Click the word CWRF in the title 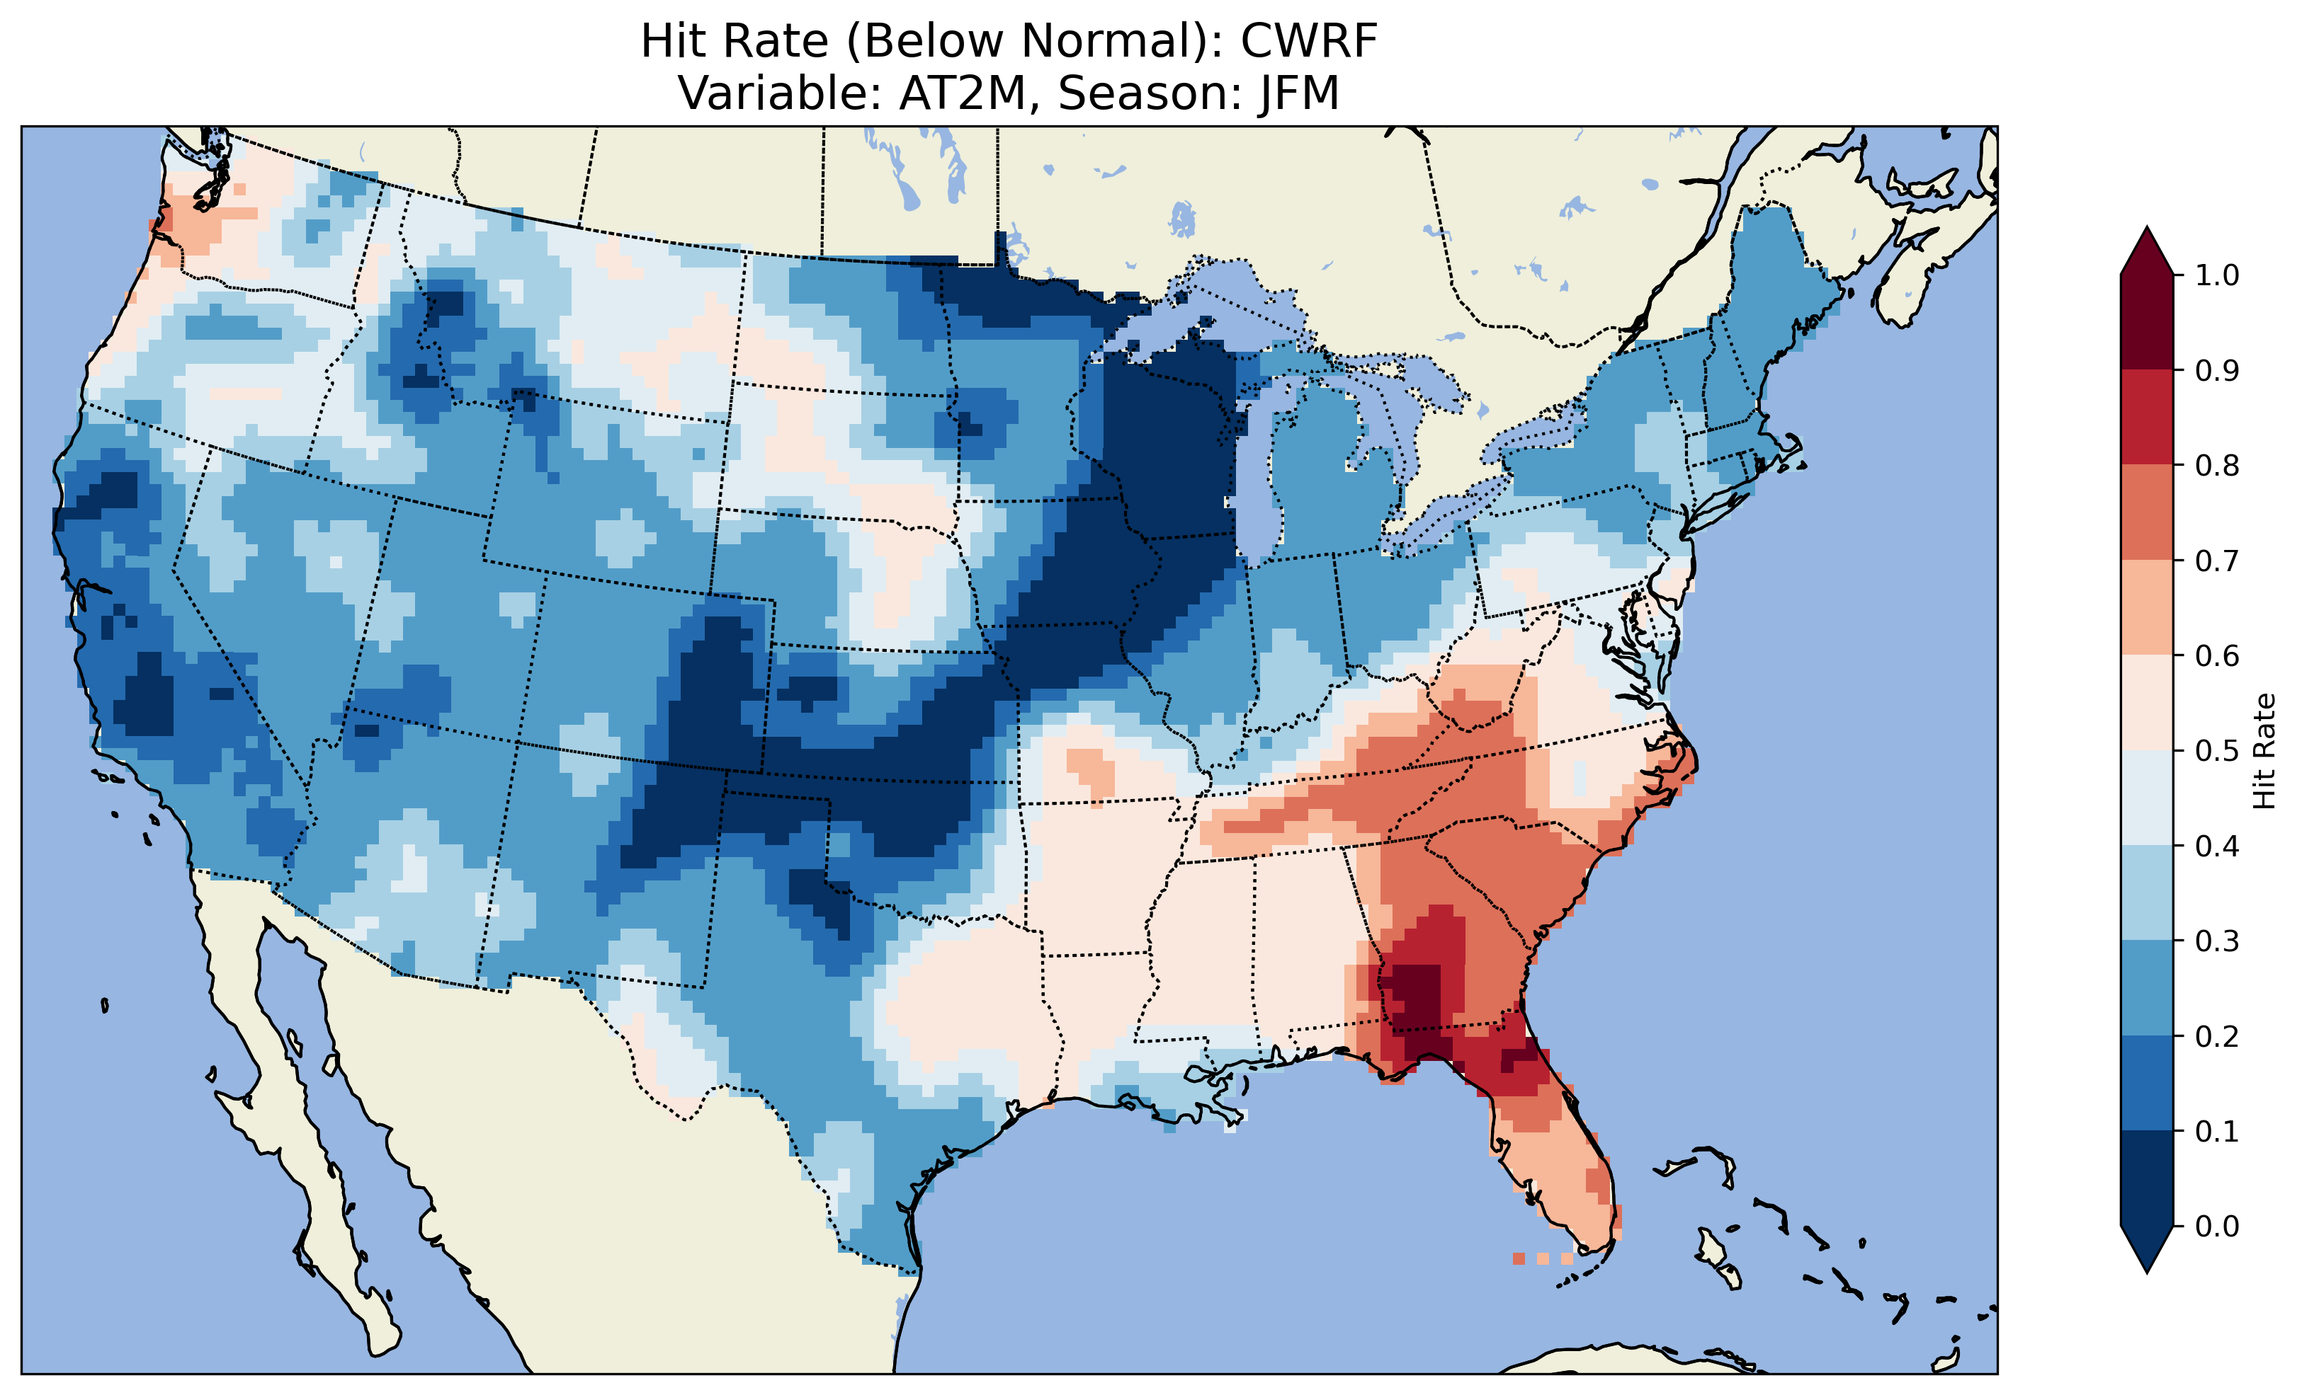pos(1309,42)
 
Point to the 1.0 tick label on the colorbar pos(2217,275)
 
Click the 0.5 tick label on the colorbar pos(2217,751)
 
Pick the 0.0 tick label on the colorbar pos(2217,1226)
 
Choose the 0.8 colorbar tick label pos(2217,465)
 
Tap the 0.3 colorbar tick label pos(2217,941)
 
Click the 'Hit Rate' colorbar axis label pos(2264,751)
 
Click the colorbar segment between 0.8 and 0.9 pos(2147,418)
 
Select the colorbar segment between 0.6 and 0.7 pos(2147,607)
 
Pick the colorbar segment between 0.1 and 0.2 pos(2147,1083)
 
